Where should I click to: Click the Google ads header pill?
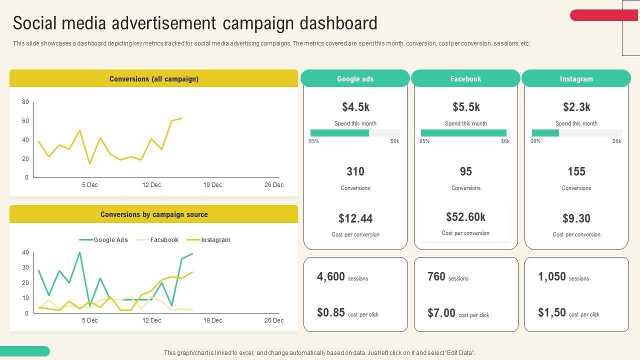(355, 79)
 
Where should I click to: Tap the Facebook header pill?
(465, 79)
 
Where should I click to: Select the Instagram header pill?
(576, 79)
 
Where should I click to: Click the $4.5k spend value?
(355, 107)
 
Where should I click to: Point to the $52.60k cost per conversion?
(465, 217)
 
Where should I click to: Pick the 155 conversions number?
(576, 171)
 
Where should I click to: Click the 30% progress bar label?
(535, 141)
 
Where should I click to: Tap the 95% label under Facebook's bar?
(424, 141)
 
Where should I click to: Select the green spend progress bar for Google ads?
(339, 133)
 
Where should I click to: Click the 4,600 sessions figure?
(331, 276)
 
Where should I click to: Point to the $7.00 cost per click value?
(441, 313)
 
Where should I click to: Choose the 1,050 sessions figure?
(552, 276)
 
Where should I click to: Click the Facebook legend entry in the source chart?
(164, 240)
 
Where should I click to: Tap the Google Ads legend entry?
(110, 240)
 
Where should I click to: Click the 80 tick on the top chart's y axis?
(25, 102)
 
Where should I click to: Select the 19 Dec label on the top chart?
(212, 185)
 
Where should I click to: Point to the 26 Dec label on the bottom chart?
(273, 320)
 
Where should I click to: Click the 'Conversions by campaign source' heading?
(154, 214)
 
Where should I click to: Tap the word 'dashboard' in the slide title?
(338, 23)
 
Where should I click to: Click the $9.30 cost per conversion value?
(576, 218)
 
